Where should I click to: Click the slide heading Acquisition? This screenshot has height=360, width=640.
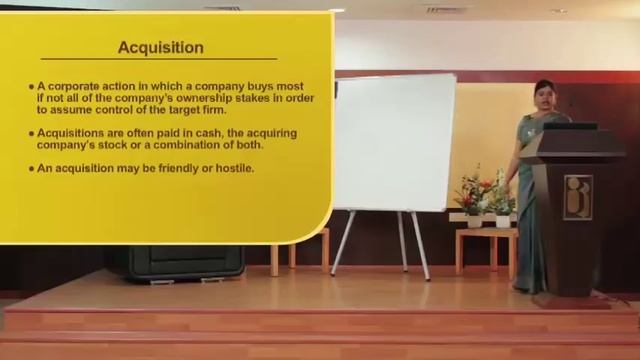click(x=160, y=47)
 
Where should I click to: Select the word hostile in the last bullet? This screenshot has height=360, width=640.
click(x=233, y=168)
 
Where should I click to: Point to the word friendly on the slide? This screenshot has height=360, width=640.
click(x=176, y=168)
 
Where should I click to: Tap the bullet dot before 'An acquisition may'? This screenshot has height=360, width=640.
click(x=31, y=168)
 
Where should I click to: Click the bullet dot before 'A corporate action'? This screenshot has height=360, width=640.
click(x=31, y=87)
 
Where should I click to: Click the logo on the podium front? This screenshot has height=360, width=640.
click(x=577, y=197)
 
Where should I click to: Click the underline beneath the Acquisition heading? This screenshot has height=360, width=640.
click(x=160, y=60)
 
